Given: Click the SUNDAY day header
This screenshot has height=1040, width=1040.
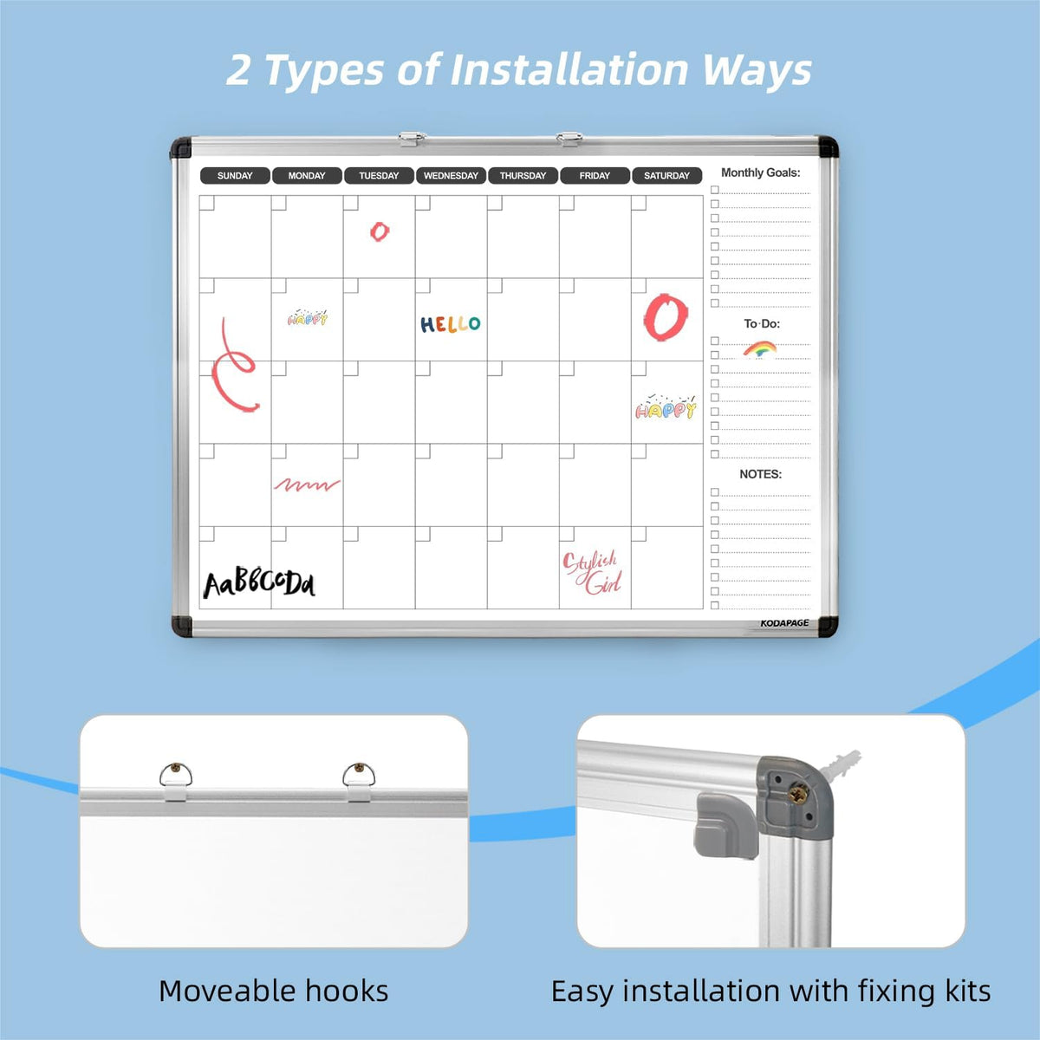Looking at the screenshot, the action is tap(235, 175).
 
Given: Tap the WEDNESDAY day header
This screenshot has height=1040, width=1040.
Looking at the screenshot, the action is tap(451, 175).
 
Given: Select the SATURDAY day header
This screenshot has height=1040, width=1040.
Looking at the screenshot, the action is tap(666, 175).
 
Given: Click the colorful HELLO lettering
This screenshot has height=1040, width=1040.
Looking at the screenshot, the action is tap(450, 324).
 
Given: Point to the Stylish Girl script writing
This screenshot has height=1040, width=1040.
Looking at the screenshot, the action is tap(592, 573).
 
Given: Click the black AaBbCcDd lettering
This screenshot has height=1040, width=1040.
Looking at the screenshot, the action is tap(259, 583).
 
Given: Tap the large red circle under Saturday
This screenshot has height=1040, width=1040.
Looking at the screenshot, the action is tap(666, 317).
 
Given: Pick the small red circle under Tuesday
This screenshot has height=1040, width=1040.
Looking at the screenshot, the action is tap(380, 231).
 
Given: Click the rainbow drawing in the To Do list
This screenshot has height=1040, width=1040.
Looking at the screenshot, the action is tap(760, 348).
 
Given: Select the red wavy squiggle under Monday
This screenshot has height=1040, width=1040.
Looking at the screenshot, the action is tap(307, 484).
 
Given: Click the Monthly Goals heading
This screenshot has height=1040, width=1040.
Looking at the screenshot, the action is tap(760, 172).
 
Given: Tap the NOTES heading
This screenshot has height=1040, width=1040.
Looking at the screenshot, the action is tap(760, 474).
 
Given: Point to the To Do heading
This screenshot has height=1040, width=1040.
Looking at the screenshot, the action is tap(762, 323).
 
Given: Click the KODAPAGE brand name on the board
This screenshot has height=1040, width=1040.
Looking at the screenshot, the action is tap(784, 623).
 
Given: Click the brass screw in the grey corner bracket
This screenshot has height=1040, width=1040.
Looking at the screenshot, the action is tap(797, 794).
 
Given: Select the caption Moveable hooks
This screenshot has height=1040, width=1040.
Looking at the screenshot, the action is tap(274, 991).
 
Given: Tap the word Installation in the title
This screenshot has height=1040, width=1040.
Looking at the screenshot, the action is tap(569, 69).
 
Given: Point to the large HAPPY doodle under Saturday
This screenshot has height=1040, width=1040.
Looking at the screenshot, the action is tap(666, 407).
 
